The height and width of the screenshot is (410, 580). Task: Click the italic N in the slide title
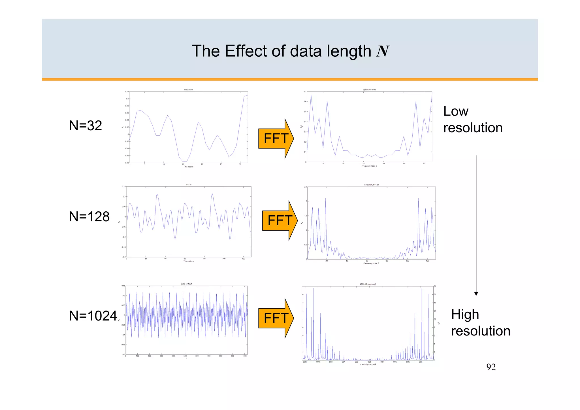tap(382, 51)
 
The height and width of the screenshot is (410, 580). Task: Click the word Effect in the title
tap(246, 51)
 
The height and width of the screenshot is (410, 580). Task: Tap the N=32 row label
tap(86, 126)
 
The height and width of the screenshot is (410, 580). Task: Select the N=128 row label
tap(89, 217)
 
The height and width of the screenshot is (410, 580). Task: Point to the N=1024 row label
tap(93, 316)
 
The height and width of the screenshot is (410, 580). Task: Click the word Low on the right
tap(456, 111)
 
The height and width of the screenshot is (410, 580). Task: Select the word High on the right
tap(465, 315)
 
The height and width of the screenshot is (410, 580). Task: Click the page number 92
tap(491, 367)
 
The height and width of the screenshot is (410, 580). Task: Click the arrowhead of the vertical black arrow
tap(476, 294)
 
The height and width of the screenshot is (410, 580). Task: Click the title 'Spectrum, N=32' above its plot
tap(369, 90)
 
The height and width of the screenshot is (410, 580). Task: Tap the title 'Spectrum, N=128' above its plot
tap(371, 185)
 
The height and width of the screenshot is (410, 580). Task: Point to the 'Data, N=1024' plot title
tap(186, 284)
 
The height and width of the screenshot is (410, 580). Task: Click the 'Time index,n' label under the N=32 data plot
tap(188, 167)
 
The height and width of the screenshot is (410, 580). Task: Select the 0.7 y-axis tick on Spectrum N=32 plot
tap(305, 92)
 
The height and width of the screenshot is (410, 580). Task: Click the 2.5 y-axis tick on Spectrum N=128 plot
tap(305, 187)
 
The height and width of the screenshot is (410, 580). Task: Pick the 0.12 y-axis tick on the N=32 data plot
tap(127, 92)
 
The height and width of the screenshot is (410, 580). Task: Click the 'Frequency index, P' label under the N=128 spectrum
tap(371, 264)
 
